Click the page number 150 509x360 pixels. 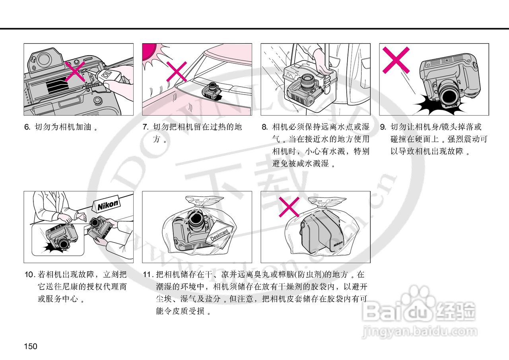(31, 346)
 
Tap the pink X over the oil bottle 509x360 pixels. (75, 72)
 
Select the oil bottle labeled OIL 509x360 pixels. (107, 75)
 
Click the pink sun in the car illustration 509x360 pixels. (149, 51)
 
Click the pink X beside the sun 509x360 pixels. (177, 72)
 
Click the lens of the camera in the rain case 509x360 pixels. (308, 82)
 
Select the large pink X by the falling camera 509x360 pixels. (396, 60)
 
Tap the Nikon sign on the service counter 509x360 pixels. (107, 206)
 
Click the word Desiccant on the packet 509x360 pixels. (220, 235)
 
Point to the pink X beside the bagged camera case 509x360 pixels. (289, 207)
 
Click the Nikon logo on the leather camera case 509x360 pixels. (338, 244)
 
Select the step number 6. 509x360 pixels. (27, 127)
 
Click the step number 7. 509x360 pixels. (146, 127)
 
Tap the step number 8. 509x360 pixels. (264, 127)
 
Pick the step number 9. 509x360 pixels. (383, 127)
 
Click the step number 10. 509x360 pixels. (30, 275)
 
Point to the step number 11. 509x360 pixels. (148, 275)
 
